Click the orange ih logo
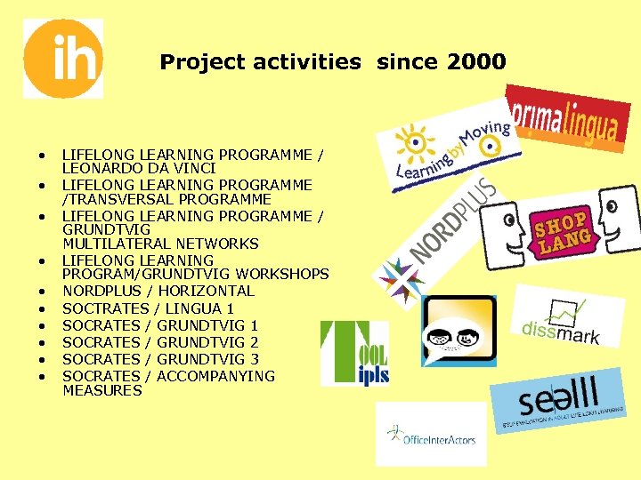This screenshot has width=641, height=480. pyautogui.click(x=62, y=59)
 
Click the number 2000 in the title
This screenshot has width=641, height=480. pyautogui.click(x=476, y=62)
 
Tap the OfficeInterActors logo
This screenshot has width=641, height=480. pyautogui.click(x=431, y=436)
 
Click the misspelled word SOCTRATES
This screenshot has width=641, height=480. pyautogui.click(x=102, y=308)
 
